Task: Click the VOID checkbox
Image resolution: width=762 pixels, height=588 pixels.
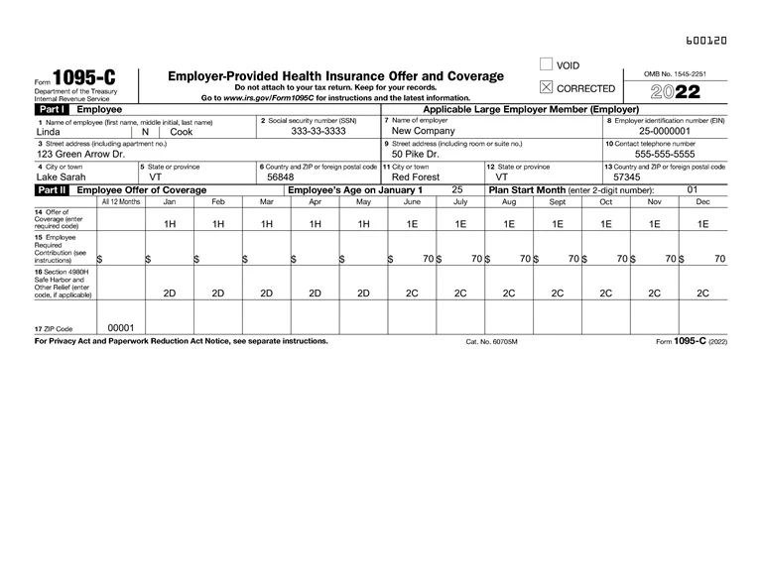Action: (546, 65)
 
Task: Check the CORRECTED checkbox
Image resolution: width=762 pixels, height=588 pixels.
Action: (546, 88)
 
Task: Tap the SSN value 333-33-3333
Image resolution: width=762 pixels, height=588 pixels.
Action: (318, 131)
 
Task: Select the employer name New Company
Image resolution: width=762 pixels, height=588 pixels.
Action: (424, 131)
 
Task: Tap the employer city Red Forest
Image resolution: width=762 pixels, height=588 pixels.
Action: (416, 177)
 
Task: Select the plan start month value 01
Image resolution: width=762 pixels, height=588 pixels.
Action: (693, 189)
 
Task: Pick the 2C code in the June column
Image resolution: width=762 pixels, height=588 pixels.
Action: (412, 294)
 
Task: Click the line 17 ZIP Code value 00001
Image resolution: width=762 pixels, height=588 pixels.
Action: (120, 327)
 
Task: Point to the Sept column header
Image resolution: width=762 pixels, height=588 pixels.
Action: (558, 201)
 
